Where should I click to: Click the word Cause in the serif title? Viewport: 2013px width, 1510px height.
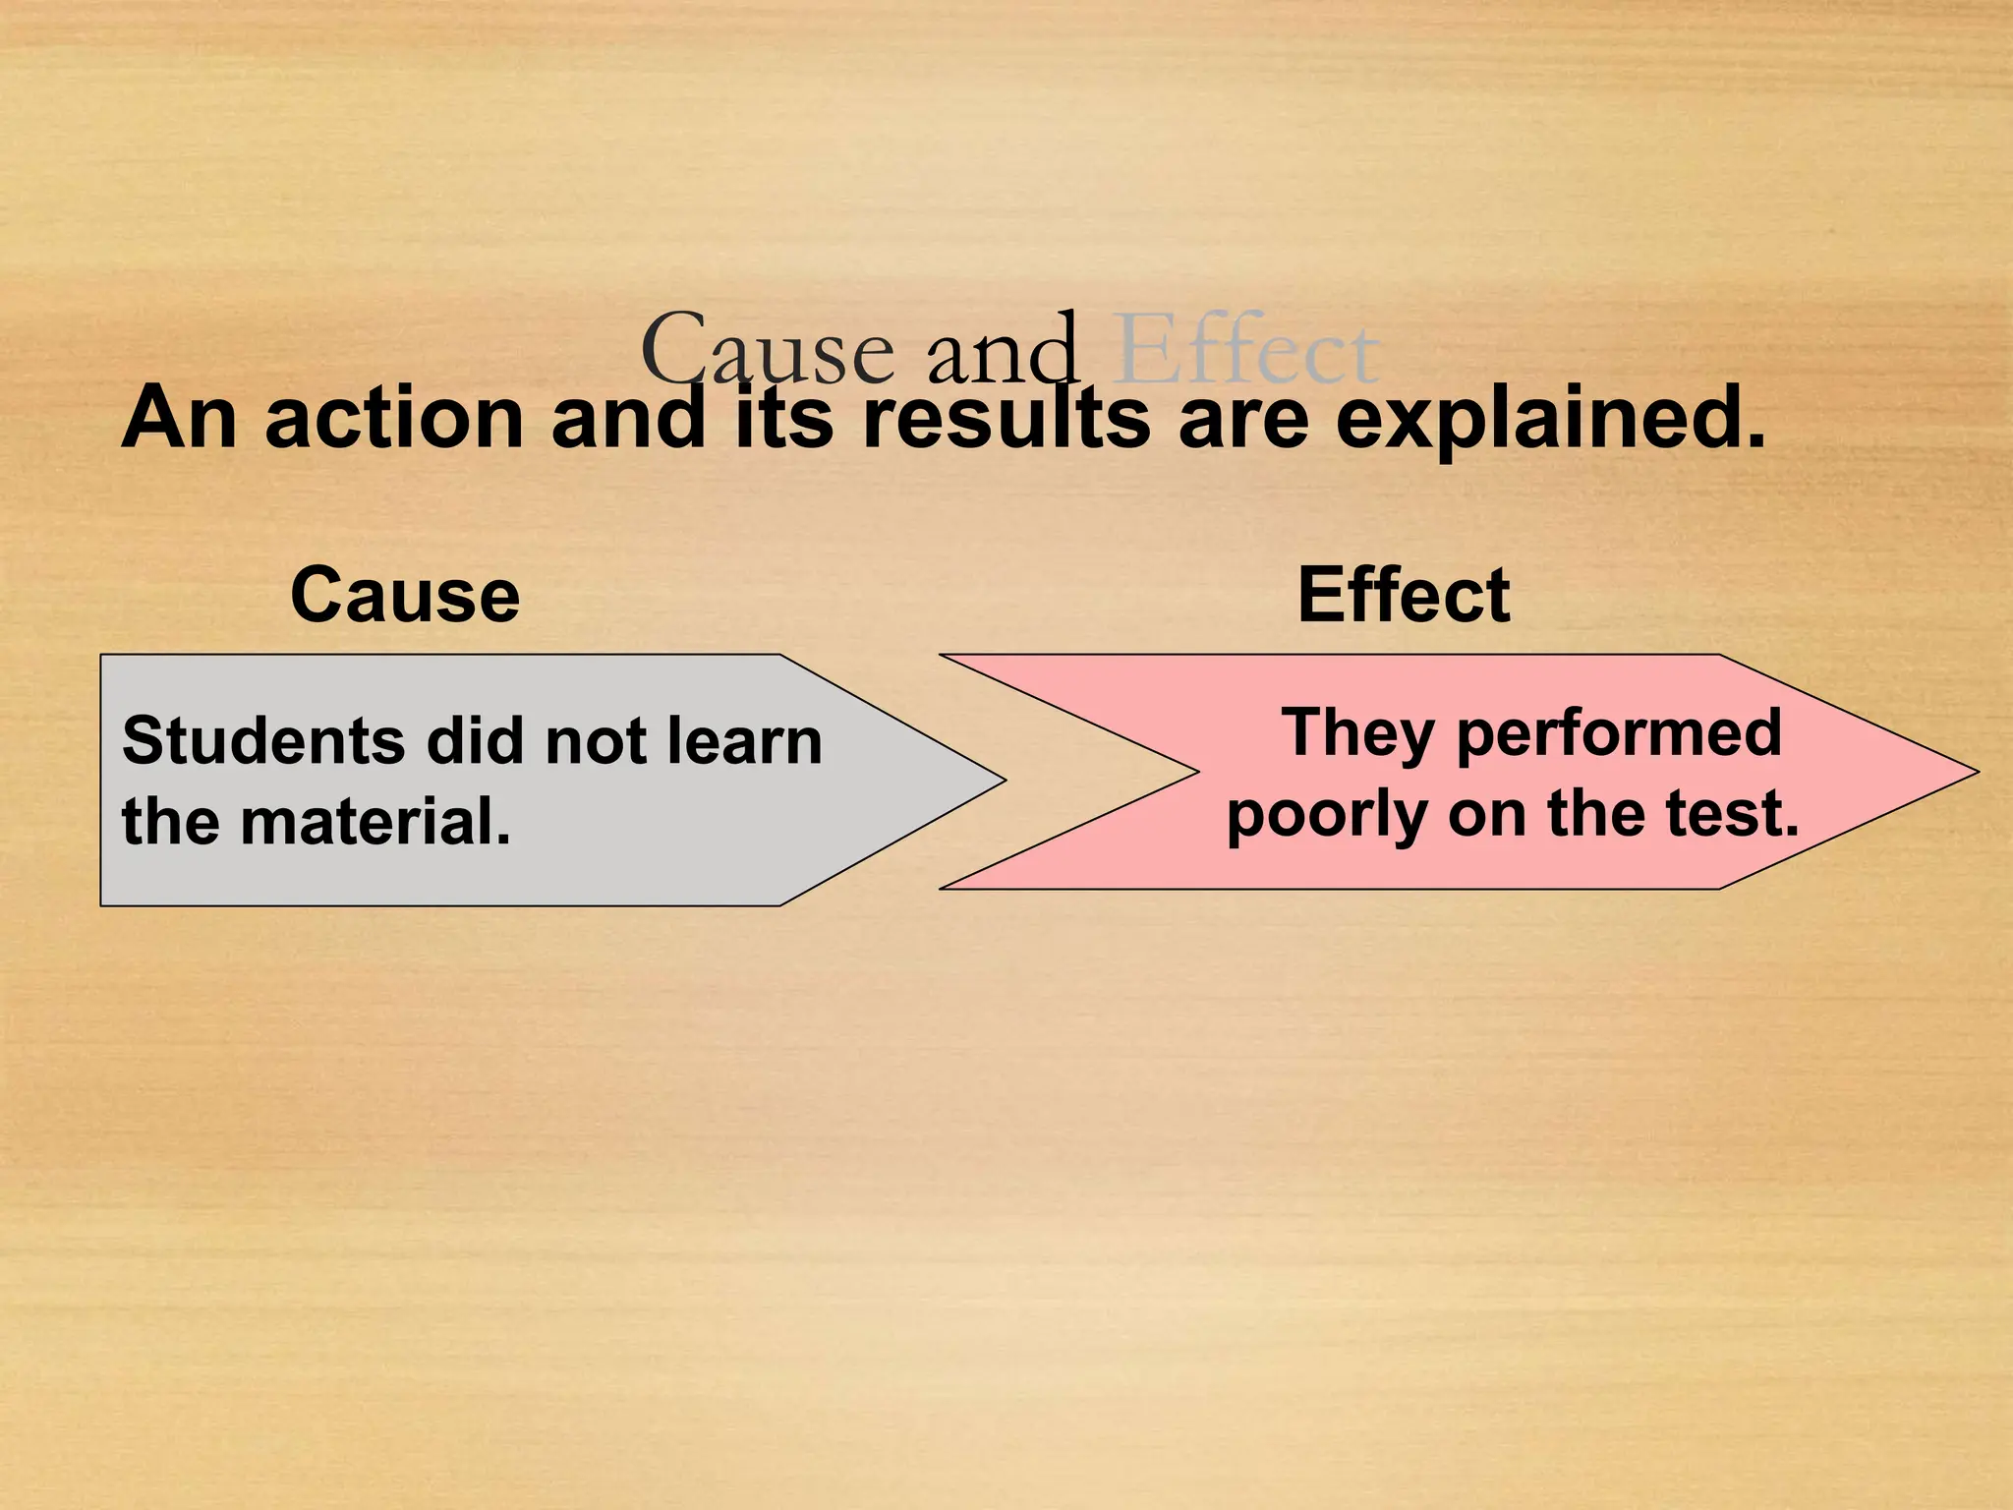pos(767,349)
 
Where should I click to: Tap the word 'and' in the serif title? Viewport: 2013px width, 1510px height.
pos(1003,349)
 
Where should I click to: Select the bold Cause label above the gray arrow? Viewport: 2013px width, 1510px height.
pos(405,596)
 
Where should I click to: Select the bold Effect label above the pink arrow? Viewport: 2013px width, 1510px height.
pos(1403,596)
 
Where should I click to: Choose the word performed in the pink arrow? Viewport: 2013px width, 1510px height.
pos(1619,735)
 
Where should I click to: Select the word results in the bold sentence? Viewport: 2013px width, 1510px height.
pos(1006,418)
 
